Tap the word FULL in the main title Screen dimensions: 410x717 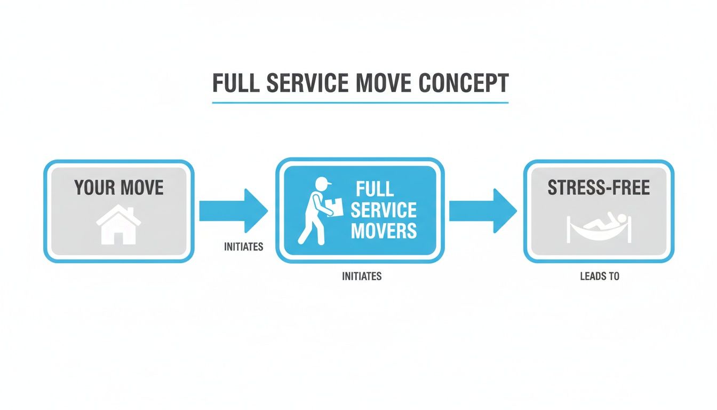236,84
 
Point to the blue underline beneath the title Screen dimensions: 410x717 360,102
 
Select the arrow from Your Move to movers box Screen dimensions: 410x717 233,211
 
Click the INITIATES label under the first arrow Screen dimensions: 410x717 243,248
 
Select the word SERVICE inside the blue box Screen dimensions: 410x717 383,210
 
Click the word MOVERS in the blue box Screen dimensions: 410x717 383,231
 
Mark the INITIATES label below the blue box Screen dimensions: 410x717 361,277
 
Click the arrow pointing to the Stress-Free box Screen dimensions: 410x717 482,211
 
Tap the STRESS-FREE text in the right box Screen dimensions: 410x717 599,188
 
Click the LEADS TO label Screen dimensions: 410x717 599,277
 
